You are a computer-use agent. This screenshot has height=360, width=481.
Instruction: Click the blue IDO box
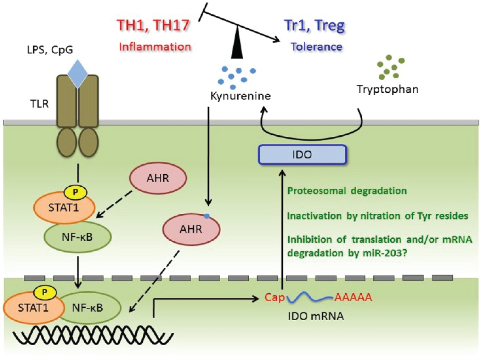302,155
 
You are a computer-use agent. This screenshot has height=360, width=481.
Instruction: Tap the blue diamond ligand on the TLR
78,73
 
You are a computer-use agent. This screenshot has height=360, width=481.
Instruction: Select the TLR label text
39,104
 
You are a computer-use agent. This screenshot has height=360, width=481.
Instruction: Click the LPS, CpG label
50,50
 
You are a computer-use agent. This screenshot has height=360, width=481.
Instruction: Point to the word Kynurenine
240,96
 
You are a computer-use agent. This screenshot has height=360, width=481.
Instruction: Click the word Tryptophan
387,89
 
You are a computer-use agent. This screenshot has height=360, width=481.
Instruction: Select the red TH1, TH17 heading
153,25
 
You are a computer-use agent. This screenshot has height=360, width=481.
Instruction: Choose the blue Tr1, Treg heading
314,25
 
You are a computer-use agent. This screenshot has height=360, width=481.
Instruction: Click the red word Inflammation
155,47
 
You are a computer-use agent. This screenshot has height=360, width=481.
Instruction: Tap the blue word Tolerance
316,47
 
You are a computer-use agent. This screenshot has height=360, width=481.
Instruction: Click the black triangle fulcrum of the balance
237,45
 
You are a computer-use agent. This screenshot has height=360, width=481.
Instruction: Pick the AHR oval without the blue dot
158,178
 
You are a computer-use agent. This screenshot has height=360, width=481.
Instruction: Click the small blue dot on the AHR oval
207,216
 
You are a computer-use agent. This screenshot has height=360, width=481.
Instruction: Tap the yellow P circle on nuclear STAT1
45,292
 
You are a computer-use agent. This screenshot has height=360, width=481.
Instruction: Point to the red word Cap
274,297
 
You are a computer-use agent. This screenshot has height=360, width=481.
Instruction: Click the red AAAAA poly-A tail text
353,297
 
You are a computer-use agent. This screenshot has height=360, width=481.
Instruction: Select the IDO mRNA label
316,316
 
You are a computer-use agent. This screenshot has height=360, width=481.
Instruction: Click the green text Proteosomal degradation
347,191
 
